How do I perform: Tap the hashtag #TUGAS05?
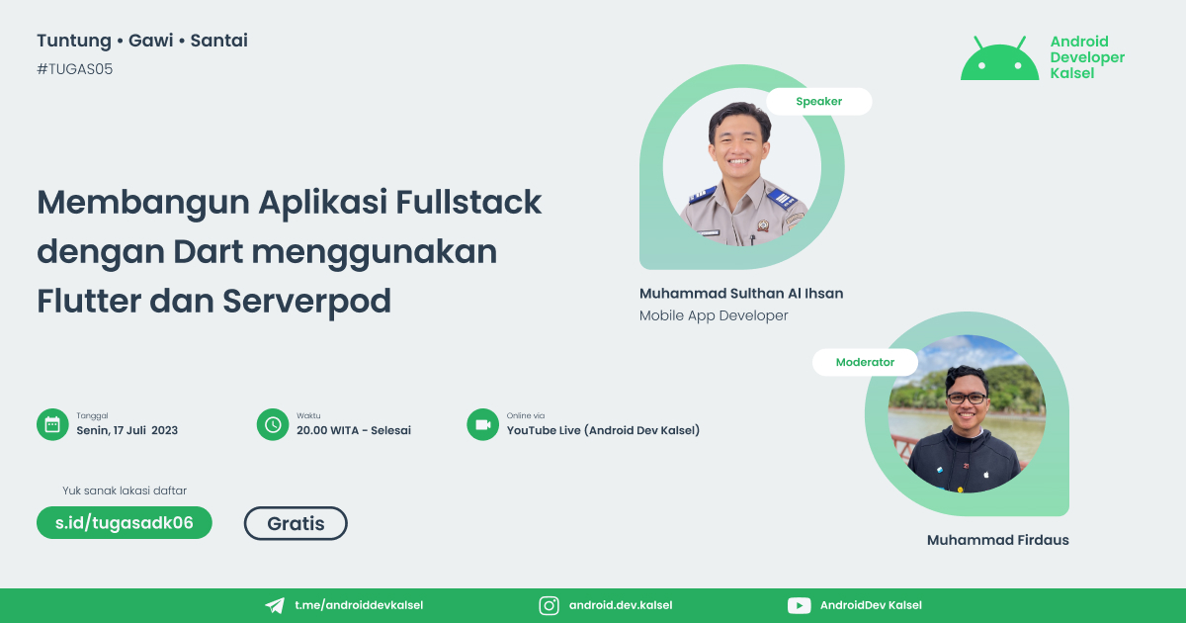pyautogui.click(x=74, y=69)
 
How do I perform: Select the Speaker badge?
pyautogui.click(x=818, y=101)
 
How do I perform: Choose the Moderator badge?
pyautogui.click(x=865, y=362)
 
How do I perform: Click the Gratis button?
pyautogui.click(x=296, y=523)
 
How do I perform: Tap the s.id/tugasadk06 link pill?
pyautogui.click(x=125, y=523)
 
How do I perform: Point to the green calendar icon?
pyautogui.click(x=50, y=424)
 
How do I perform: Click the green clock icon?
pyautogui.click(x=271, y=424)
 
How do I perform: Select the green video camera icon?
pyautogui.click(x=482, y=424)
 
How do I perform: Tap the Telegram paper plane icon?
pyautogui.click(x=275, y=605)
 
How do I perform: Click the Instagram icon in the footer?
pyautogui.click(x=549, y=605)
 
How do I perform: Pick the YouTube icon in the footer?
pyautogui.click(x=799, y=605)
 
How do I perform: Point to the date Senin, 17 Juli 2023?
pyautogui.click(x=127, y=430)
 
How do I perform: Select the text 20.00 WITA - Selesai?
pyautogui.click(x=353, y=430)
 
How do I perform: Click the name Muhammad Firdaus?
pyautogui.click(x=997, y=540)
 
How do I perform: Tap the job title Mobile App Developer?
pyautogui.click(x=714, y=315)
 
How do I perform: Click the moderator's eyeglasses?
pyautogui.click(x=967, y=398)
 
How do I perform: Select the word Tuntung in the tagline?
pyautogui.click(x=72, y=41)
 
